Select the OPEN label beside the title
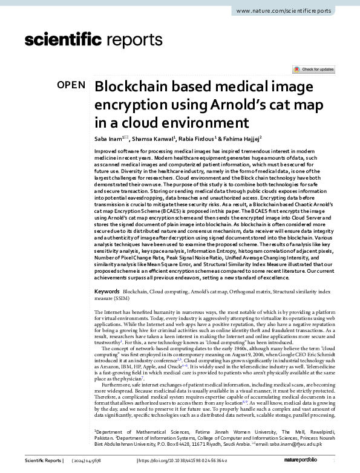pos(71,85)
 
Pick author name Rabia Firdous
pos(198,138)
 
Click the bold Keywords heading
pos(107,292)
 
